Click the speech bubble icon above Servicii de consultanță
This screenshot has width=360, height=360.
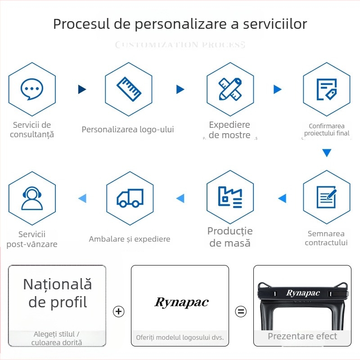(32, 89)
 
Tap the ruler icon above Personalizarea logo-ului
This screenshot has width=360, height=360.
(129, 89)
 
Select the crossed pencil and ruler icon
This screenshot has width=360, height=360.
(230, 89)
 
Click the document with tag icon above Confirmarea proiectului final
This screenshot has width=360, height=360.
(326, 89)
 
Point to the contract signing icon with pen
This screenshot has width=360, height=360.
(326, 197)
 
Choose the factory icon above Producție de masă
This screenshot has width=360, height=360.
(230, 197)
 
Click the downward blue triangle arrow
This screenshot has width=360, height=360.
(327, 153)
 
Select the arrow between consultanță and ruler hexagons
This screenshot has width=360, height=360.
(82, 89)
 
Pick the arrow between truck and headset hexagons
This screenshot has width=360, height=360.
(82, 198)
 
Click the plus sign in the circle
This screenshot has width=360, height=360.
(118, 311)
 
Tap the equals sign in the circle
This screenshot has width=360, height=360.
(241, 311)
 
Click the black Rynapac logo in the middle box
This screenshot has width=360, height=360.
(181, 302)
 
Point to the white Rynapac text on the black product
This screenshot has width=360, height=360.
(303, 293)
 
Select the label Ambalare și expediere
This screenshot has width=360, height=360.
(130, 239)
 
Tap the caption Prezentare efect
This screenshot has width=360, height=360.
(302, 336)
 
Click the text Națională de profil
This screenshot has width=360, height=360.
(58, 293)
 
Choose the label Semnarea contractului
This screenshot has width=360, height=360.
(326, 238)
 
